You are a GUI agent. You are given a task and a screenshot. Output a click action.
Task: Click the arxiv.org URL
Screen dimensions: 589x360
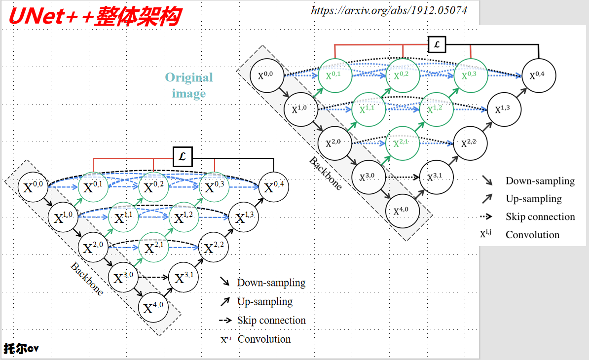[389, 10]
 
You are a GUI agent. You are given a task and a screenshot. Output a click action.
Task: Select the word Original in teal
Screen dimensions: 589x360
[189, 77]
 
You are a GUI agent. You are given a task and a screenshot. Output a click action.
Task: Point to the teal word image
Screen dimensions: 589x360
[189, 93]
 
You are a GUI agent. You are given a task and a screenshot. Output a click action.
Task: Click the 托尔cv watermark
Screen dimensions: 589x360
[21, 349]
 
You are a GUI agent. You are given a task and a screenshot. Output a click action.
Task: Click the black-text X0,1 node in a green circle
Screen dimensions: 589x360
[93, 187]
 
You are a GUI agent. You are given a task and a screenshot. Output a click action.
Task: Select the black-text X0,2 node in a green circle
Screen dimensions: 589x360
[154, 187]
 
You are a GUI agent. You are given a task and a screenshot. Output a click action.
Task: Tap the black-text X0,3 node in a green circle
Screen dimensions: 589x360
[214, 187]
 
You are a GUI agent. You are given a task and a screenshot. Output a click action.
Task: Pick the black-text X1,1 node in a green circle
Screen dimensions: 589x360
[124, 217]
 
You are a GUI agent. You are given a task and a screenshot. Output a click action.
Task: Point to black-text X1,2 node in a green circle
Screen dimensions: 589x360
[184, 217]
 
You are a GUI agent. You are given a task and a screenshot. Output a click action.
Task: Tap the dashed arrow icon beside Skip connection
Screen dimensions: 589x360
[225, 321]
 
